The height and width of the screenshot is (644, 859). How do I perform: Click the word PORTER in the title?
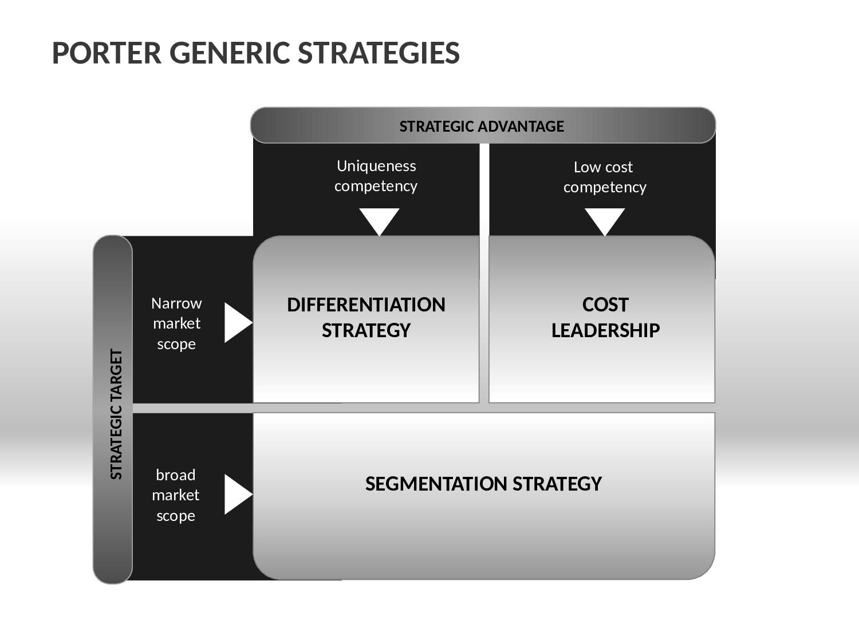coord(107,53)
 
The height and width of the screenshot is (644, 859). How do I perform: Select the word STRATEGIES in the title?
coord(379,53)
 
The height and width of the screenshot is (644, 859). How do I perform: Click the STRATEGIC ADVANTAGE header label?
coord(482,127)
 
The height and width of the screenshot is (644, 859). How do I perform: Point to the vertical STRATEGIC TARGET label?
coord(117,414)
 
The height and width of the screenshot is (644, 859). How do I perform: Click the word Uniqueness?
coord(376,166)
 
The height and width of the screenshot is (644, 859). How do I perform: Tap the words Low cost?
coord(603,167)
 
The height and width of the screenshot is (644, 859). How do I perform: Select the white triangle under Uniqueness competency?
coord(379,220)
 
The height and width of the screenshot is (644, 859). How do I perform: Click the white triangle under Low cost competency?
coord(605,220)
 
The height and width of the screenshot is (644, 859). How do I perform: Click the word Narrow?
coord(176,303)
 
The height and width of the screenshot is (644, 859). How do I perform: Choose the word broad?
coord(176,475)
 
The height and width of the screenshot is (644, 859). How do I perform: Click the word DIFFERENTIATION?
coord(367,305)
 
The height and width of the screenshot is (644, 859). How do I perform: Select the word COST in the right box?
coord(605,305)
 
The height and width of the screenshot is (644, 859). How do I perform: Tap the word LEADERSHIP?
coord(605,331)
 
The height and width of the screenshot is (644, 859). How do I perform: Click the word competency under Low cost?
coord(605,187)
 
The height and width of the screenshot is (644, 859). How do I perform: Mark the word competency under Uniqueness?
coord(376,186)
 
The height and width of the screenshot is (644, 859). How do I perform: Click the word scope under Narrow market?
coord(176,345)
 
